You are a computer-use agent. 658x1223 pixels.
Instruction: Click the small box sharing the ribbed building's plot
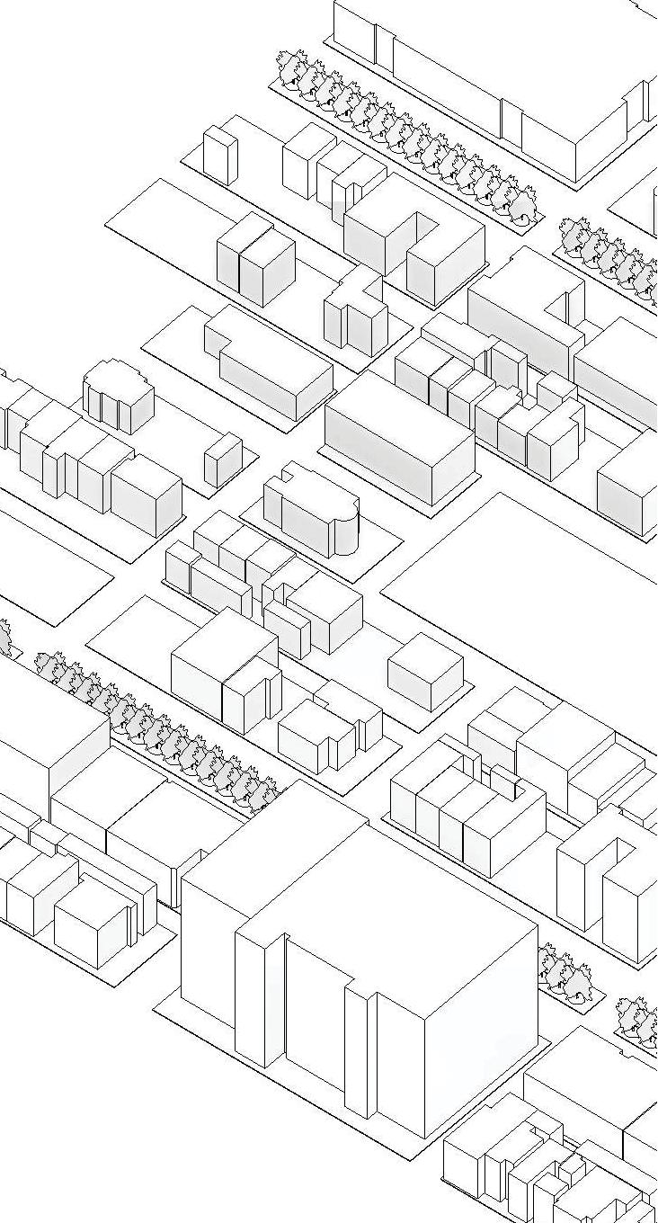(x=223, y=460)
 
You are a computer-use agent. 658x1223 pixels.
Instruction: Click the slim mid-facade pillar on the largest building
(x=360, y=1052)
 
